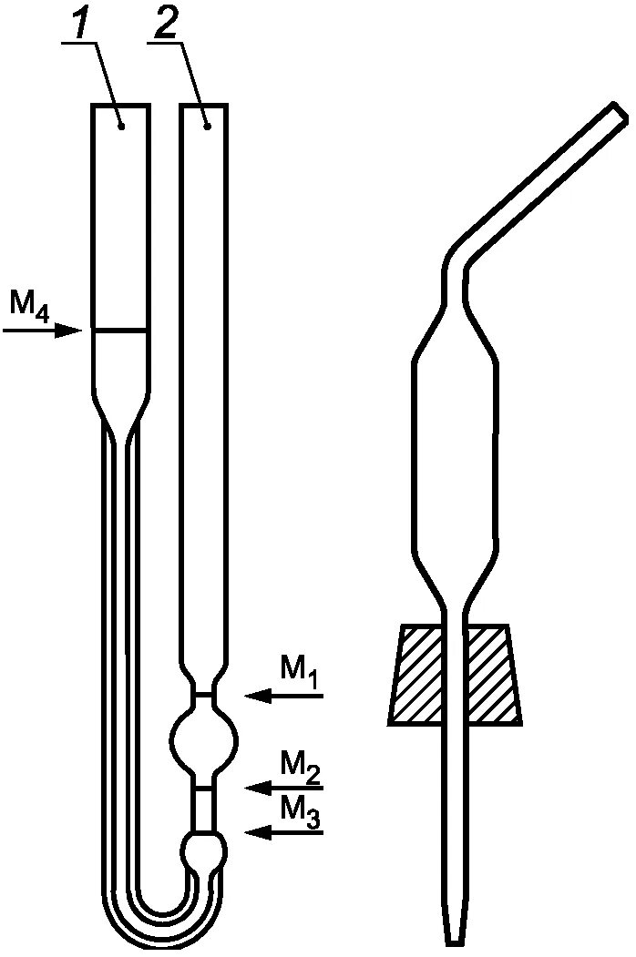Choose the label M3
(300, 809)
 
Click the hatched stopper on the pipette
(456, 674)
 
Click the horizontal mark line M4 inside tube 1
(120, 330)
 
